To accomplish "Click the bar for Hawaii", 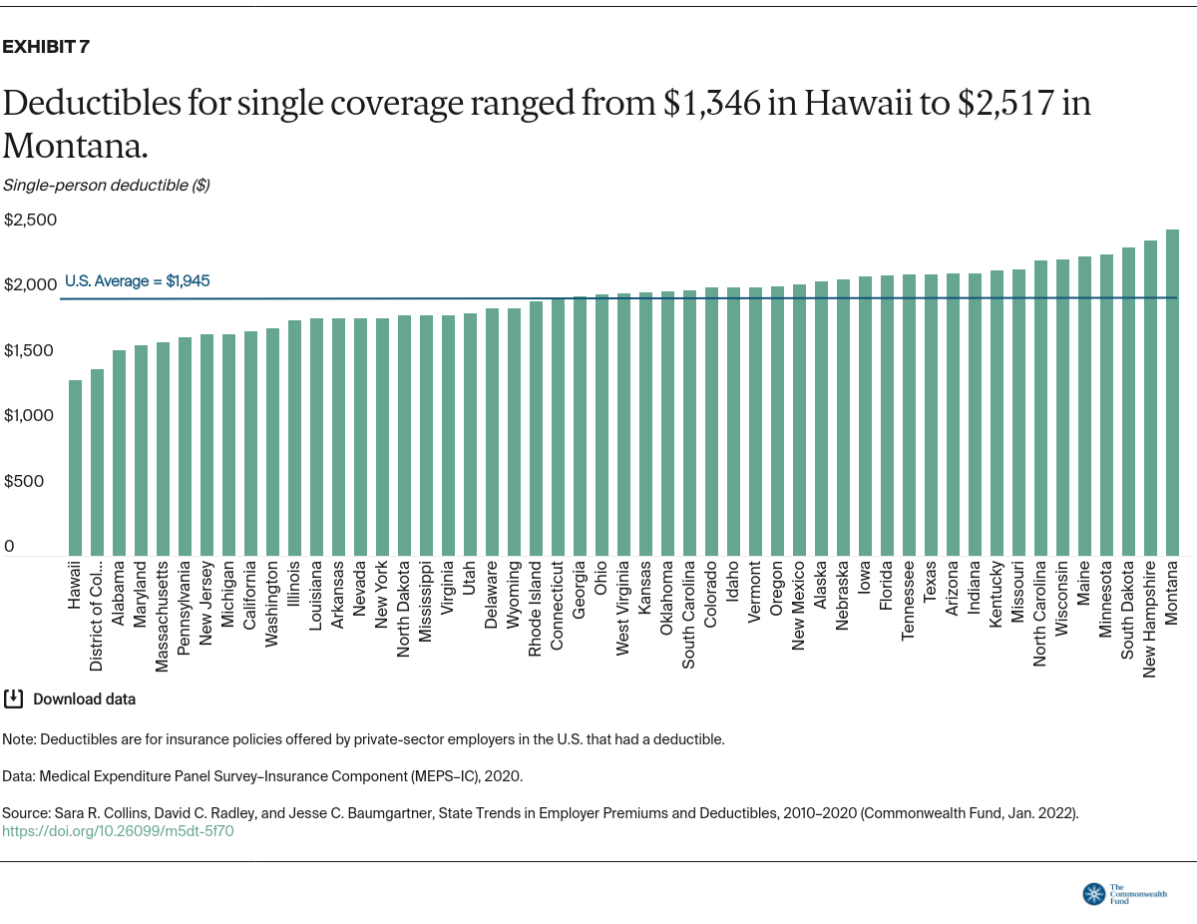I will point(75,467).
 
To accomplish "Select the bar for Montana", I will point(1172,392).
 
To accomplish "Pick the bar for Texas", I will point(931,414).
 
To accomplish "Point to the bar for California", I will point(250,443).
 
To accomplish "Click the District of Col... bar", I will point(97,462).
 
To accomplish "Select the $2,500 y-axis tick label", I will point(31,220).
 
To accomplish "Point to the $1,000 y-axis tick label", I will point(31,415).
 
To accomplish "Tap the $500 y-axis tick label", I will point(24,481).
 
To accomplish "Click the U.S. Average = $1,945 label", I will point(137,281).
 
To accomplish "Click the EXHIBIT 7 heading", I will point(46,47).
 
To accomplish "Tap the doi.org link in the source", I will point(118,830).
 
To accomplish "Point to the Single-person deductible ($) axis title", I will point(106,185).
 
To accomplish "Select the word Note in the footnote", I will point(18,739).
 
